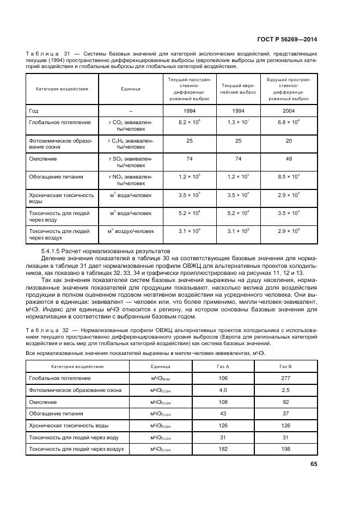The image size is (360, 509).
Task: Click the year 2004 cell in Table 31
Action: [x=288, y=111]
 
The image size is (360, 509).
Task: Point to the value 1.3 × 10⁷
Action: [x=238, y=122]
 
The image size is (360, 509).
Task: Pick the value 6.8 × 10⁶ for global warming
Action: [x=288, y=122]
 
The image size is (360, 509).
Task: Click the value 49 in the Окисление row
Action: [x=288, y=159]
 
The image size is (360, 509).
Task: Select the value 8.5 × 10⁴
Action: [x=288, y=176]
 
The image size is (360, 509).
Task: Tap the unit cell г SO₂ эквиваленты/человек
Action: [x=131, y=162]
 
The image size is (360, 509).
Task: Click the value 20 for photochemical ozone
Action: [x=288, y=141]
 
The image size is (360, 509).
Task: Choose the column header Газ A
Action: [x=222, y=366]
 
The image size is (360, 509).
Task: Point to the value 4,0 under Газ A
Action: [x=222, y=390]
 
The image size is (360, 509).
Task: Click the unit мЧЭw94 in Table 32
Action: [x=161, y=378]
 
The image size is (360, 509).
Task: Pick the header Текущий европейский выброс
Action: [x=238, y=89]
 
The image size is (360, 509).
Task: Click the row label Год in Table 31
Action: [x=34, y=111]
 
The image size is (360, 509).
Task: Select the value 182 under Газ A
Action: [x=222, y=449]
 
